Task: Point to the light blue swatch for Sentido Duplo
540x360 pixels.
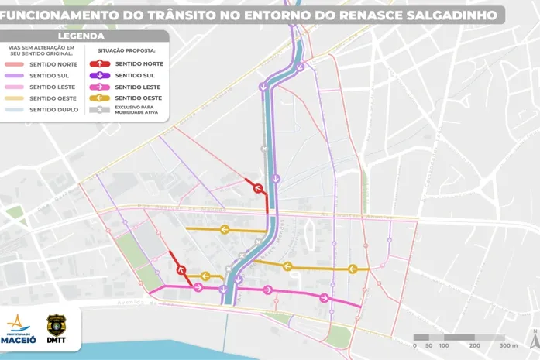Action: click(x=15, y=110)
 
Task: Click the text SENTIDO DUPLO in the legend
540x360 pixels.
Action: click(x=53, y=110)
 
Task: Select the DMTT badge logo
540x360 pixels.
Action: click(x=57, y=328)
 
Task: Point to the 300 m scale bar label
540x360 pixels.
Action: click(x=507, y=345)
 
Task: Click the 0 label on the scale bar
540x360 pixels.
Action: click(x=415, y=345)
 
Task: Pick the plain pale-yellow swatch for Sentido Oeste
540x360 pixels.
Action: click(x=15, y=98)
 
